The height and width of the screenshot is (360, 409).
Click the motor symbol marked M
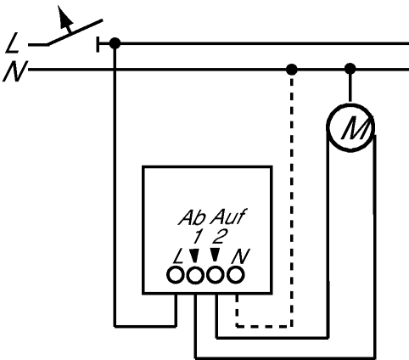[x=350, y=127]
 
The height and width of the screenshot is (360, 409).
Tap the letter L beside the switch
[x=12, y=43]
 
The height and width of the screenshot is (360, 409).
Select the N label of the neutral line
[x=14, y=71]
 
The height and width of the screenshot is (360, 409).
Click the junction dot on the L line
[x=115, y=43]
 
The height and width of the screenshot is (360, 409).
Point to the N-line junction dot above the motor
[x=350, y=69]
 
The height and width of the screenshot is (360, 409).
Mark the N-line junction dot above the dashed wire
[x=292, y=70]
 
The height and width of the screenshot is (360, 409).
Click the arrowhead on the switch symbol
[x=64, y=17]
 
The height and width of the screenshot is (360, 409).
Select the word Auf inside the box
[x=228, y=217]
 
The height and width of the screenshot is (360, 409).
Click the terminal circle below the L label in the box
[x=176, y=275]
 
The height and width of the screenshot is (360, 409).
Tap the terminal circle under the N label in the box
[x=236, y=275]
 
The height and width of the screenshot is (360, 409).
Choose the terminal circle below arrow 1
[x=195, y=275]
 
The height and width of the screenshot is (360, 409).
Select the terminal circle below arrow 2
[x=216, y=275]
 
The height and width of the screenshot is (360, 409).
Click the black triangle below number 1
[x=194, y=256]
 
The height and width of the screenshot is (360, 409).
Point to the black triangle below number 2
[x=215, y=255]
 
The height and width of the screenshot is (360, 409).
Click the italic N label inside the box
[x=240, y=256]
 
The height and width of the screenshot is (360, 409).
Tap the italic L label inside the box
[x=178, y=257]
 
